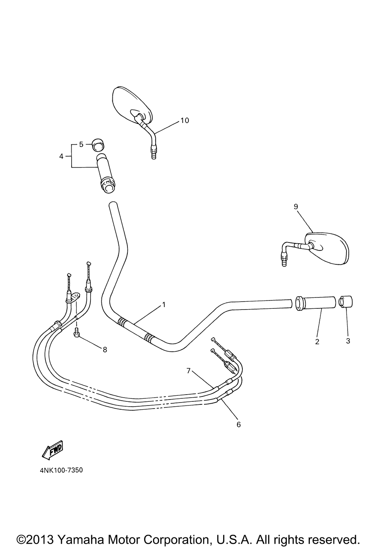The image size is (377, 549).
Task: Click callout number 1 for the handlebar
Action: [x=164, y=304]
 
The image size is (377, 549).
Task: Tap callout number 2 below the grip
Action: [x=317, y=342]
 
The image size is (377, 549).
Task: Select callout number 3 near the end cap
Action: [x=348, y=341]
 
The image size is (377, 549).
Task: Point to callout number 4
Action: [x=61, y=156]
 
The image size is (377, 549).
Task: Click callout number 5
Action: [x=81, y=144]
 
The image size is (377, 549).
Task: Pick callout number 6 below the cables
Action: [x=238, y=424]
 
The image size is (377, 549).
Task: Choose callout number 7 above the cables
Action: [x=188, y=370]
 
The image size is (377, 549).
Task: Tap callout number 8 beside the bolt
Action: [x=105, y=349]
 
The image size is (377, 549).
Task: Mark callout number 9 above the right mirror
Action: [x=296, y=206]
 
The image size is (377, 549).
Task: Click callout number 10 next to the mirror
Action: [x=184, y=120]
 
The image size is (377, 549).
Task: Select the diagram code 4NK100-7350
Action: [x=60, y=470]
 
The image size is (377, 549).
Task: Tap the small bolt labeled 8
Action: [x=77, y=332]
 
